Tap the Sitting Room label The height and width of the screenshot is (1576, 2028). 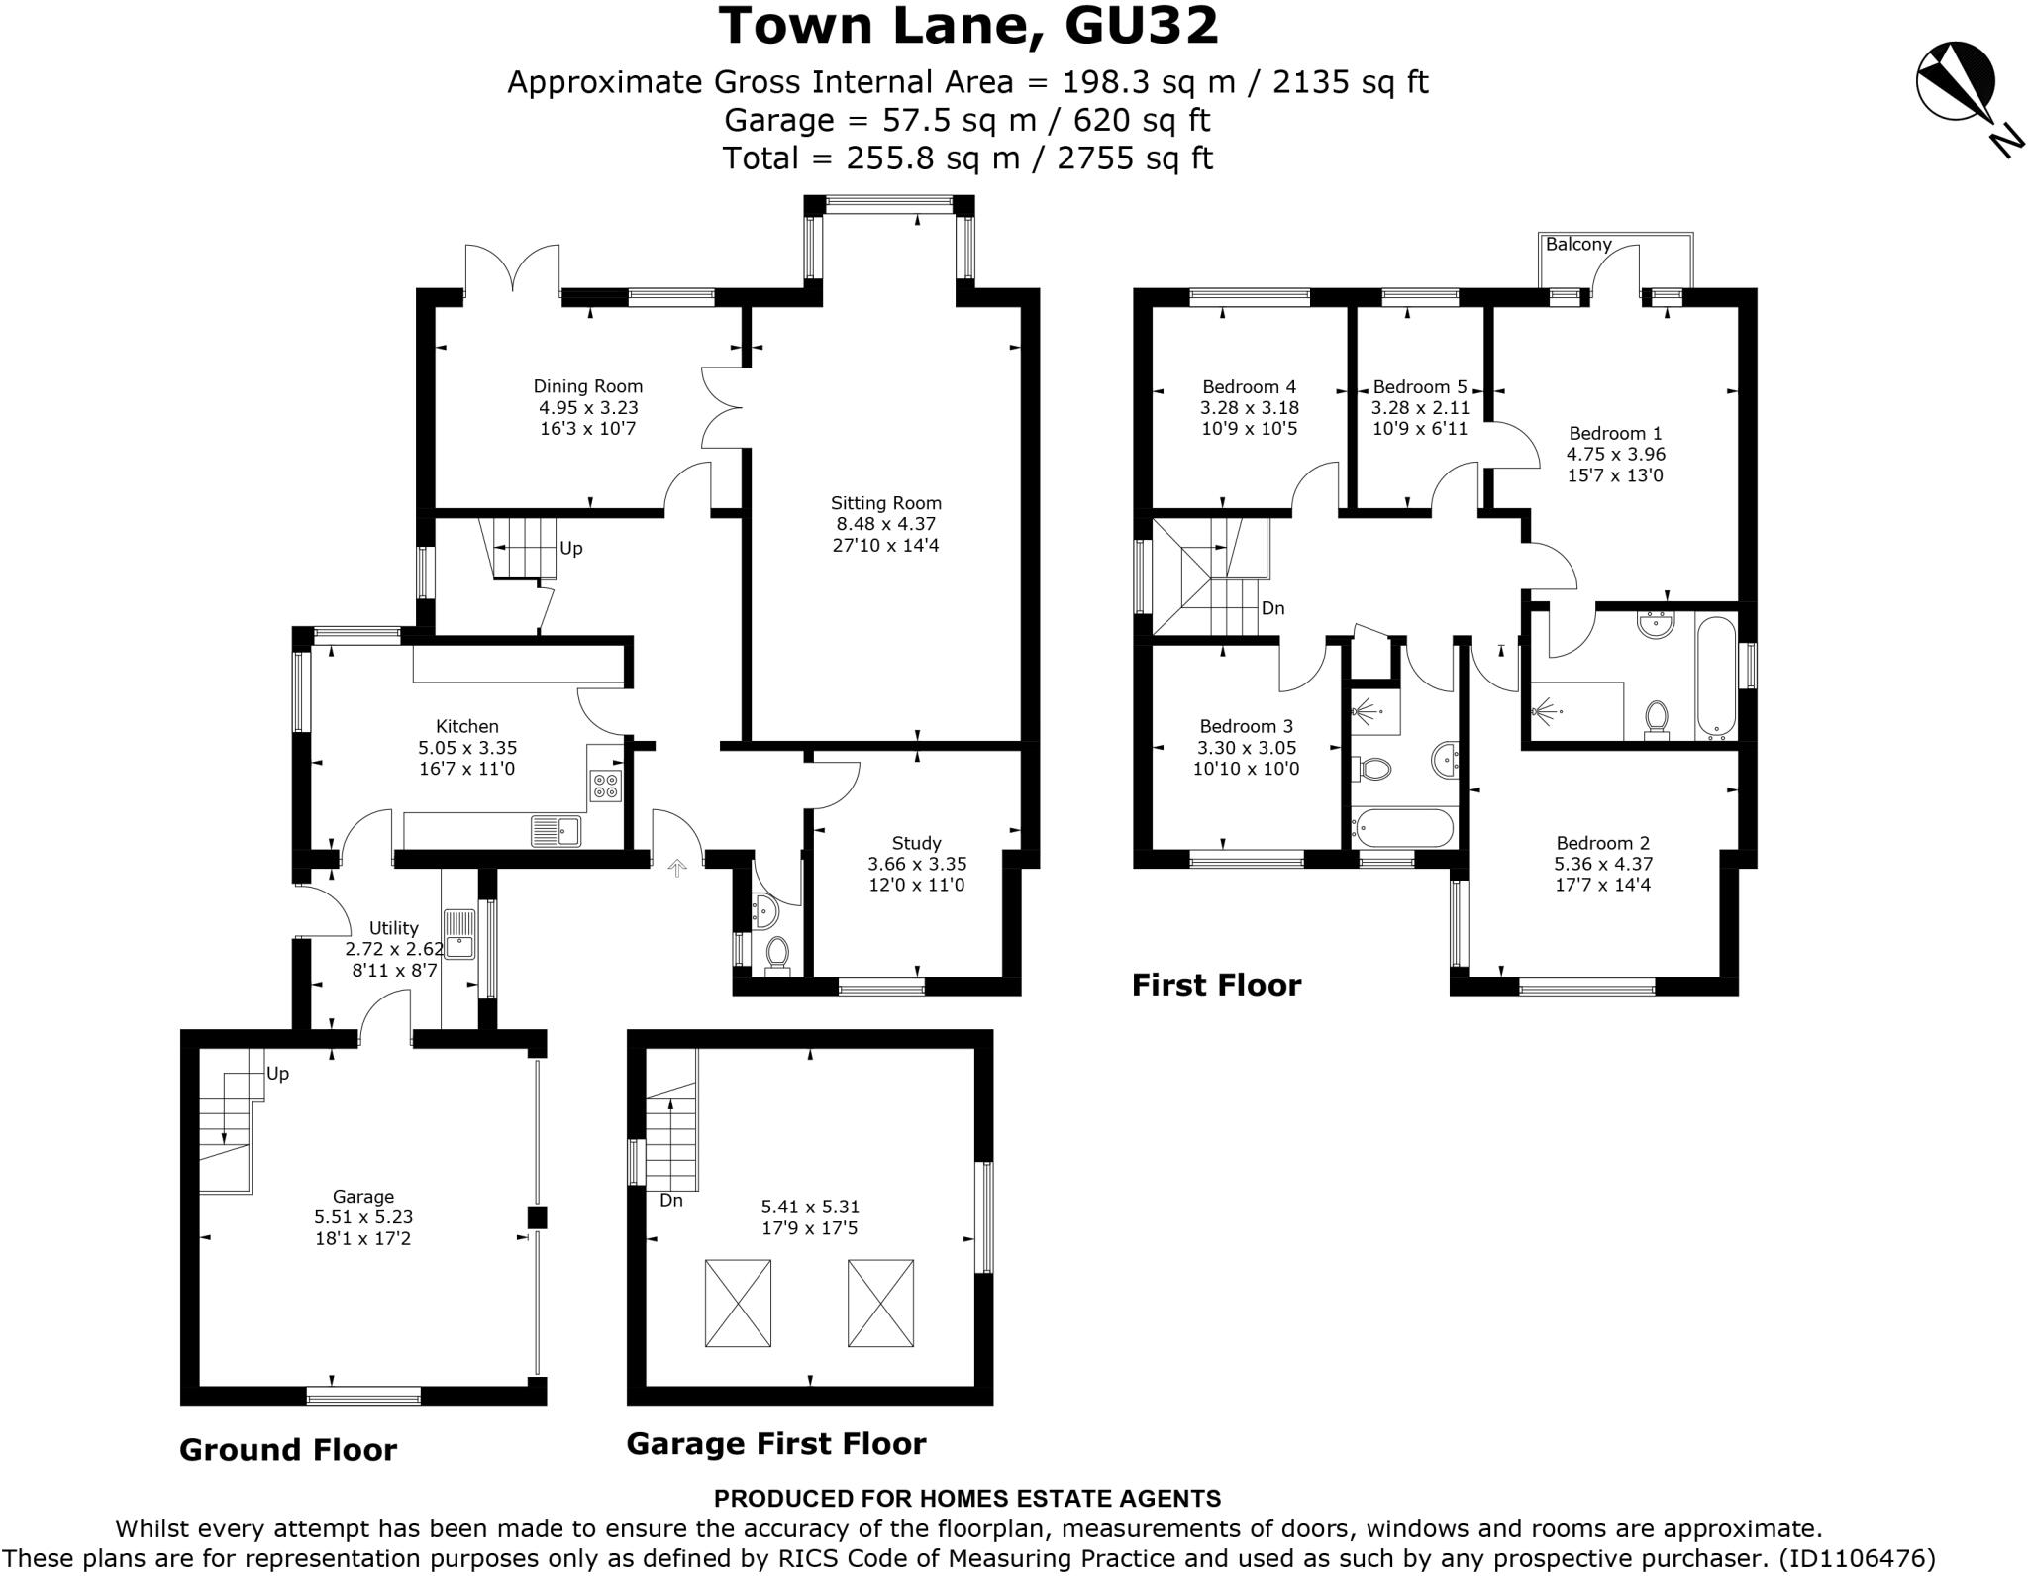tap(885, 503)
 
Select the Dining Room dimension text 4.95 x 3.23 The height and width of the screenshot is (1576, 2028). tap(588, 407)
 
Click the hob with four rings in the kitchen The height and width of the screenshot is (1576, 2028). tap(605, 786)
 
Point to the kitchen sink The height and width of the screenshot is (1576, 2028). tap(556, 830)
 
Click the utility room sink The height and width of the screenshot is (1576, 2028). tap(459, 933)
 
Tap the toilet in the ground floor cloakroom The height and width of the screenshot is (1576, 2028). tap(777, 954)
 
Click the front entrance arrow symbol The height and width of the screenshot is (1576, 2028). tap(677, 869)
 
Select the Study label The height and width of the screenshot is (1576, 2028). tap(916, 843)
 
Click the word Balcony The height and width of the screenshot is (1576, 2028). tap(1578, 244)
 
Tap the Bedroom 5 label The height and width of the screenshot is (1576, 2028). tap(1419, 386)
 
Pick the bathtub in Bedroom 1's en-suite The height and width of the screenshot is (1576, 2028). tap(1716, 679)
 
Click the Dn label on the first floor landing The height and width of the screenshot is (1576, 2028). tap(1272, 608)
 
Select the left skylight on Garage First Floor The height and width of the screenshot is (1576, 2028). tap(738, 1303)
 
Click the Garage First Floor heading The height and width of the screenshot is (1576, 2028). tap(776, 1443)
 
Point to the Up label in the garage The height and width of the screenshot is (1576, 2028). tap(277, 1074)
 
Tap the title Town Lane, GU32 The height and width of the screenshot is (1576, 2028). tap(968, 26)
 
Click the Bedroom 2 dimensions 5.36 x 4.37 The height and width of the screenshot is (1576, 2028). tap(1602, 864)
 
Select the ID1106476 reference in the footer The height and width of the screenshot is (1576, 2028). tap(1857, 1558)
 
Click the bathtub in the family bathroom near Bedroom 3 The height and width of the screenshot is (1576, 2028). tap(1404, 827)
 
